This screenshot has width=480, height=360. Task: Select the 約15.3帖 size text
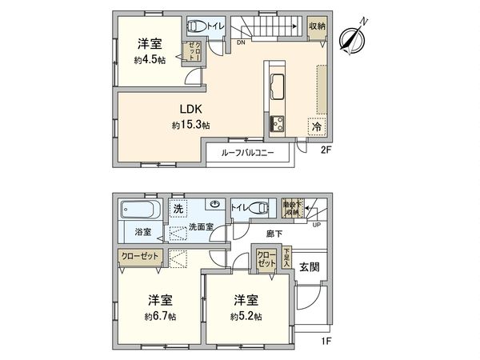(190, 126)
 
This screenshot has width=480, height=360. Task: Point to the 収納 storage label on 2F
(318, 26)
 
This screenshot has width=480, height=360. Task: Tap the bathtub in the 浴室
(141, 210)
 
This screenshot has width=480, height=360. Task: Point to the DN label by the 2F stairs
(241, 42)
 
